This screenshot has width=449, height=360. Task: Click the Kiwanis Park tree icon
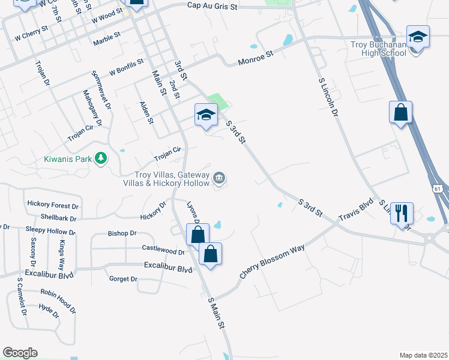(102, 158)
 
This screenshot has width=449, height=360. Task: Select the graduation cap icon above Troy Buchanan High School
(418, 37)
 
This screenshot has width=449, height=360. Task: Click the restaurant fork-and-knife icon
(402, 212)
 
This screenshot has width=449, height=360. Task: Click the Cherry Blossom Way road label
(272, 261)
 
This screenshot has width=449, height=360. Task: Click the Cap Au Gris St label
(212, 5)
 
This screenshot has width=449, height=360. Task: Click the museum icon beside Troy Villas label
(220, 178)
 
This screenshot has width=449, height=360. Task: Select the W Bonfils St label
(126, 67)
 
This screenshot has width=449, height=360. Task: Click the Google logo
(20, 353)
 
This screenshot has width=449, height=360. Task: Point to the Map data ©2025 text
(423, 355)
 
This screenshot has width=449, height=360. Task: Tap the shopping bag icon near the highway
(400, 112)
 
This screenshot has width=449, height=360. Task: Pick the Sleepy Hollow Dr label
(50, 230)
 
